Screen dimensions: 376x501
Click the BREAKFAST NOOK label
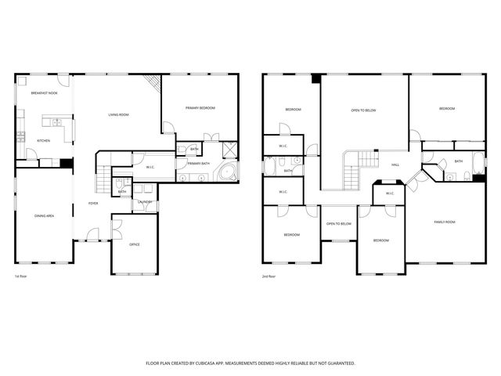click(x=43, y=92)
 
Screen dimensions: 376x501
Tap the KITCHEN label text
click(x=43, y=141)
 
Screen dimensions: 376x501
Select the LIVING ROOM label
click(x=118, y=115)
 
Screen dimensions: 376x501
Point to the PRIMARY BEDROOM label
click(x=200, y=107)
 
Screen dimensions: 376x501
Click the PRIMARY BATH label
click(x=198, y=163)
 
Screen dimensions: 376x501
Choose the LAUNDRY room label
click(x=145, y=202)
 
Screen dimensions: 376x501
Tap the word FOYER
click(x=92, y=203)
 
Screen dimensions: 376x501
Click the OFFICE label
click(x=134, y=245)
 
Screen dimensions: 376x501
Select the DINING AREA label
click(x=44, y=215)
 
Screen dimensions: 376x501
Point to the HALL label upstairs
click(x=395, y=164)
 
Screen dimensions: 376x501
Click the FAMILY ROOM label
click(x=445, y=222)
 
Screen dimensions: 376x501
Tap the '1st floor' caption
click(x=20, y=277)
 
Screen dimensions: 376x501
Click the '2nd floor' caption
click(x=269, y=277)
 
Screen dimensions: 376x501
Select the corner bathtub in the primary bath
click(x=229, y=173)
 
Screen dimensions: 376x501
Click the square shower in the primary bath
click(x=231, y=149)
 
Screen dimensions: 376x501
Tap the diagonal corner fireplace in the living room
click(x=153, y=83)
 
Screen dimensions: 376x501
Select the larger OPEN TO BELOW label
click(x=363, y=110)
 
